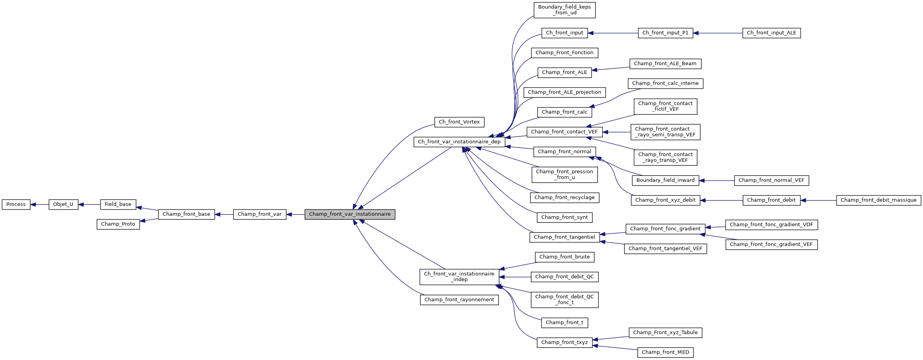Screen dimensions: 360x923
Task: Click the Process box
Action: [16, 204]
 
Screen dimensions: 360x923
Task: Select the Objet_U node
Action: [63, 204]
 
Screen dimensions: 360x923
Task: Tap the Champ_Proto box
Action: [118, 224]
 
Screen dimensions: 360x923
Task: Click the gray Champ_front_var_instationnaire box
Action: [350, 214]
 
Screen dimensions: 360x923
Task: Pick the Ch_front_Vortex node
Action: [459, 122]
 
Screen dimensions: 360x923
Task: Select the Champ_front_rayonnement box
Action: [459, 300]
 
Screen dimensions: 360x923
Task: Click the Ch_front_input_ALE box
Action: [771, 33]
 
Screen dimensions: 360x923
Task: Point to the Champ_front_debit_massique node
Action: [878, 200]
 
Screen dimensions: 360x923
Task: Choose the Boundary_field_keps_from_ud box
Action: [565, 10]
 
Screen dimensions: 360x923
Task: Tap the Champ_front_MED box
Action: [665, 352]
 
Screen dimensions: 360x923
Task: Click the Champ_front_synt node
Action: [565, 217]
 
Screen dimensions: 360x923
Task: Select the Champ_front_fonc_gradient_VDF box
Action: [771, 225]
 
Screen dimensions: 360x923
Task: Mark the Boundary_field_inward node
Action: [665, 180]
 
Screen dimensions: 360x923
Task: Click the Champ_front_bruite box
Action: [565, 257]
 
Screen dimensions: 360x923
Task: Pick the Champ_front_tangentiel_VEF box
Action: [665, 249]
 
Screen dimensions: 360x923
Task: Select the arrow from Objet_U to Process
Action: [39, 204]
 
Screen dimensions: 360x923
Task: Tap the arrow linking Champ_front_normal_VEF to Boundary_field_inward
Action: [717, 181]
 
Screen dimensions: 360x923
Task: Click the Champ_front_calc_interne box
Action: [665, 83]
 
